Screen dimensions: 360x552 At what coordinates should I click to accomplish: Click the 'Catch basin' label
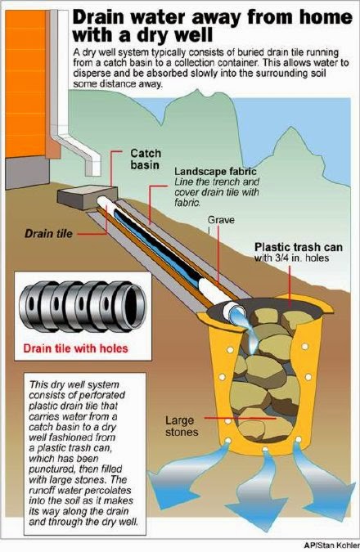click(x=146, y=159)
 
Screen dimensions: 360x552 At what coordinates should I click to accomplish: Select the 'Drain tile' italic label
click(x=48, y=234)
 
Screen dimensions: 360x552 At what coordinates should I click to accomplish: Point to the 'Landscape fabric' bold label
click(x=215, y=172)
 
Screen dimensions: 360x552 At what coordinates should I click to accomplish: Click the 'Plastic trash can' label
click(x=299, y=247)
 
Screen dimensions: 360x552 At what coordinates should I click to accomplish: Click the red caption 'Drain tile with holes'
click(x=76, y=348)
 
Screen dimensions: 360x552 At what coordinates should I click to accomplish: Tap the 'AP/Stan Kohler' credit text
click(x=332, y=545)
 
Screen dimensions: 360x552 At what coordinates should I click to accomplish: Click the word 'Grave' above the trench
click(x=221, y=220)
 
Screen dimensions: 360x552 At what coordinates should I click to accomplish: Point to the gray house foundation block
click(x=28, y=173)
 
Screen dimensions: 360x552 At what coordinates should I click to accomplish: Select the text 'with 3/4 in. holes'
click(x=291, y=258)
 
